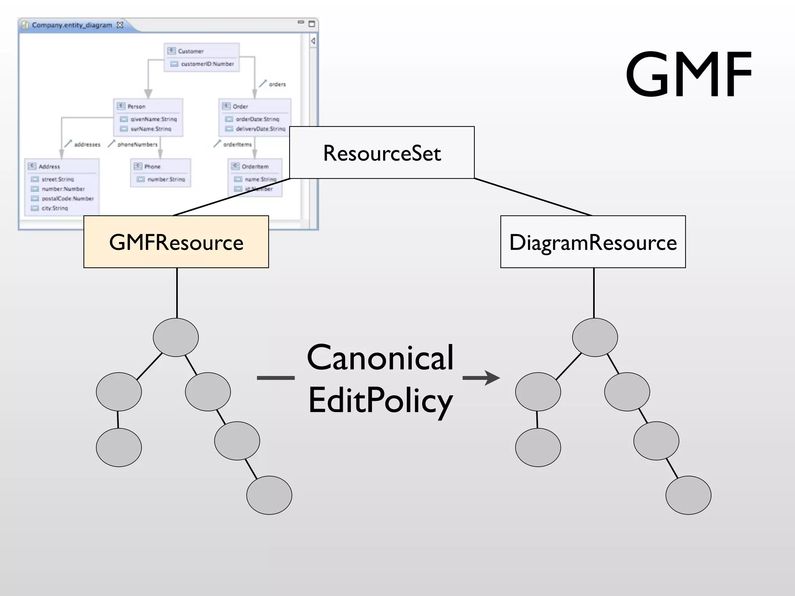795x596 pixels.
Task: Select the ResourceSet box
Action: [x=382, y=152]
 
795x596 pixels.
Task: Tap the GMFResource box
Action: [x=176, y=242]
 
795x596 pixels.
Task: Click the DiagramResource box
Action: [x=593, y=242]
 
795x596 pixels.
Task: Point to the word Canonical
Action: [x=380, y=357]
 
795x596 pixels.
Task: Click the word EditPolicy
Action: [x=380, y=401]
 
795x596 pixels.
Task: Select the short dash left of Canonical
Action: [x=276, y=378]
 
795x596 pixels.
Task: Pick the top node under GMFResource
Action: [x=176, y=337]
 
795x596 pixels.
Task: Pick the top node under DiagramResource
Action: [x=595, y=337]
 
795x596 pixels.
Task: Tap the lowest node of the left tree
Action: [x=269, y=495]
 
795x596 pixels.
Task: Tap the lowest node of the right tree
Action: [x=688, y=495]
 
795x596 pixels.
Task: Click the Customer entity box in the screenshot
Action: [x=201, y=57]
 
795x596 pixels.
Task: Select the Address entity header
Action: [x=49, y=166]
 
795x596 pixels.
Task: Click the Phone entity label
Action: [x=152, y=166]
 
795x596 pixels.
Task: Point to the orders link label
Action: [x=277, y=84]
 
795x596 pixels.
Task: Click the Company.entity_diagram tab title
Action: [x=72, y=25]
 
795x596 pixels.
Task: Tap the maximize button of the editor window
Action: [x=311, y=24]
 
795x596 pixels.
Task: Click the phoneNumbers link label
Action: [x=137, y=144]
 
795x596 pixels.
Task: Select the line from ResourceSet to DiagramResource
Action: [x=533, y=197]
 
